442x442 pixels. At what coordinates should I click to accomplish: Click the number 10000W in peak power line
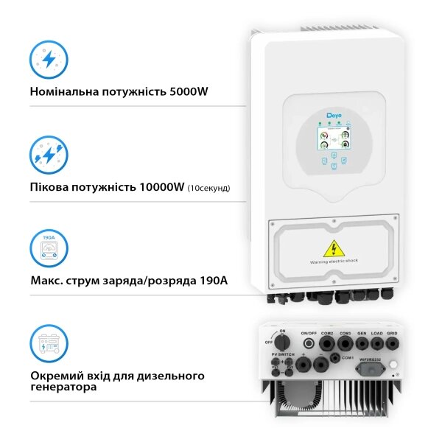pos(161,187)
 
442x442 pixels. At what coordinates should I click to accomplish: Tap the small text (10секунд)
pos(208,188)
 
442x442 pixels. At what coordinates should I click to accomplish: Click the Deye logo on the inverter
pos(334,116)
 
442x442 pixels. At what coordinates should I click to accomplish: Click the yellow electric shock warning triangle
pos(334,248)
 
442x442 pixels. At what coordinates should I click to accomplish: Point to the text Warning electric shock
pos(334,262)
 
